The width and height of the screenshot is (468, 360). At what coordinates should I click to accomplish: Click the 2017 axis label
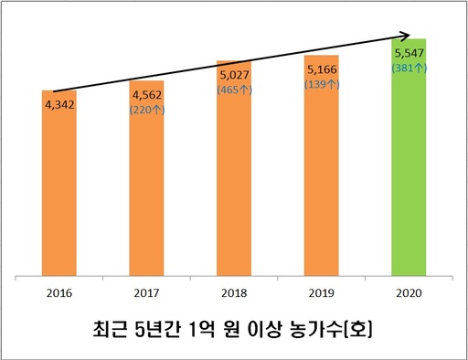[146, 294]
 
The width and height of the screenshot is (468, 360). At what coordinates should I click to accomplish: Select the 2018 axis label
[234, 294]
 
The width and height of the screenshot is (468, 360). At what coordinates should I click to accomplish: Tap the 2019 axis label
[321, 294]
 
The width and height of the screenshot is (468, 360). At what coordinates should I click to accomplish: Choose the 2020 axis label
[409, 294]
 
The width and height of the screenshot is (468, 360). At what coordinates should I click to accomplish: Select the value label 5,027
[234, 75]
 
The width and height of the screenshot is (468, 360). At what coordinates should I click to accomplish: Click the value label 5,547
[409, 53]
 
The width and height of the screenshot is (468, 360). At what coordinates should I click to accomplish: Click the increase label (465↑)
[234, 90]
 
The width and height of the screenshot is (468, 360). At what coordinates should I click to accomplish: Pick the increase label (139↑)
[321, 83]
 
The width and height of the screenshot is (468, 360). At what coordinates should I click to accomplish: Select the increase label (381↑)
[409, 68]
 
